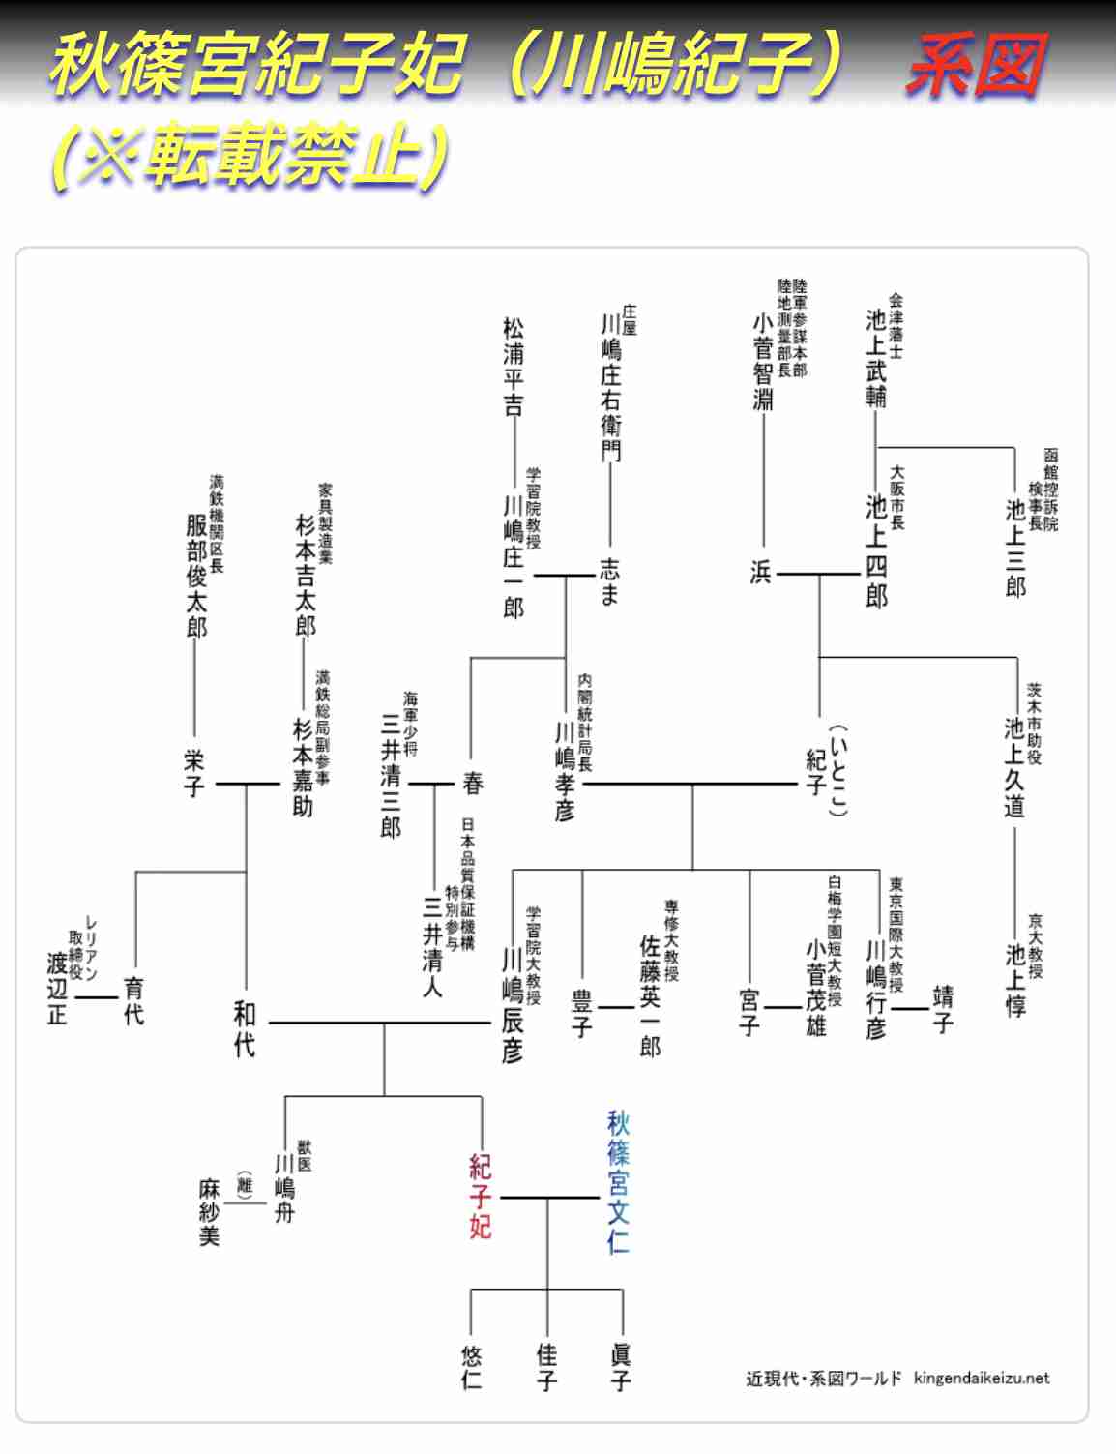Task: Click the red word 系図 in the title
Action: click(976, 66)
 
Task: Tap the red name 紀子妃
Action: click(481, 1197)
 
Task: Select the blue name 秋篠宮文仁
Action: click(618, 1182)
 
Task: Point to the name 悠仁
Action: click(471, 1367)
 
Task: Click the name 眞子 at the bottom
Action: click(621, 1367)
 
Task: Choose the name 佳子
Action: click(546, 1367)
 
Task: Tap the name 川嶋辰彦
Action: click(512, 1006)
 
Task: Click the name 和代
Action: click(245, 1029)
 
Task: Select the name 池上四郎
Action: click(876, 551)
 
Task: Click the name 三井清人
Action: click(432, 947)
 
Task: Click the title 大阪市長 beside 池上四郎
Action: click(897, 498)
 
